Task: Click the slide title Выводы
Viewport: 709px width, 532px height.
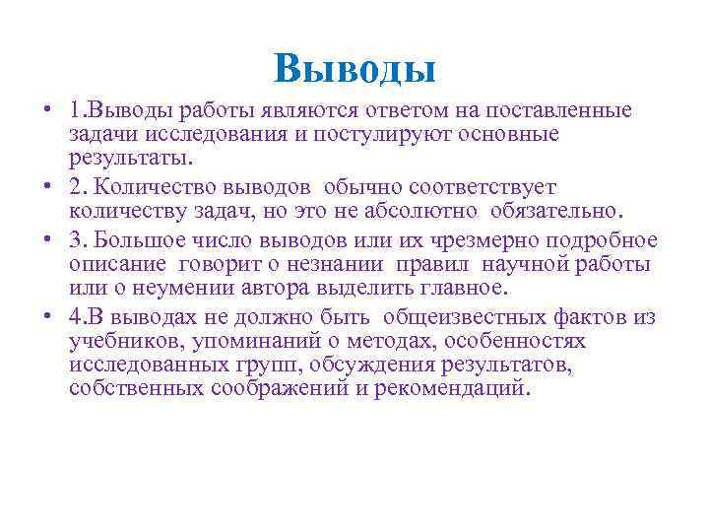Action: tap(354, 68)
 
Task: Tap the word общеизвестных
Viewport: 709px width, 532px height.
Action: tap(474, 316)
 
